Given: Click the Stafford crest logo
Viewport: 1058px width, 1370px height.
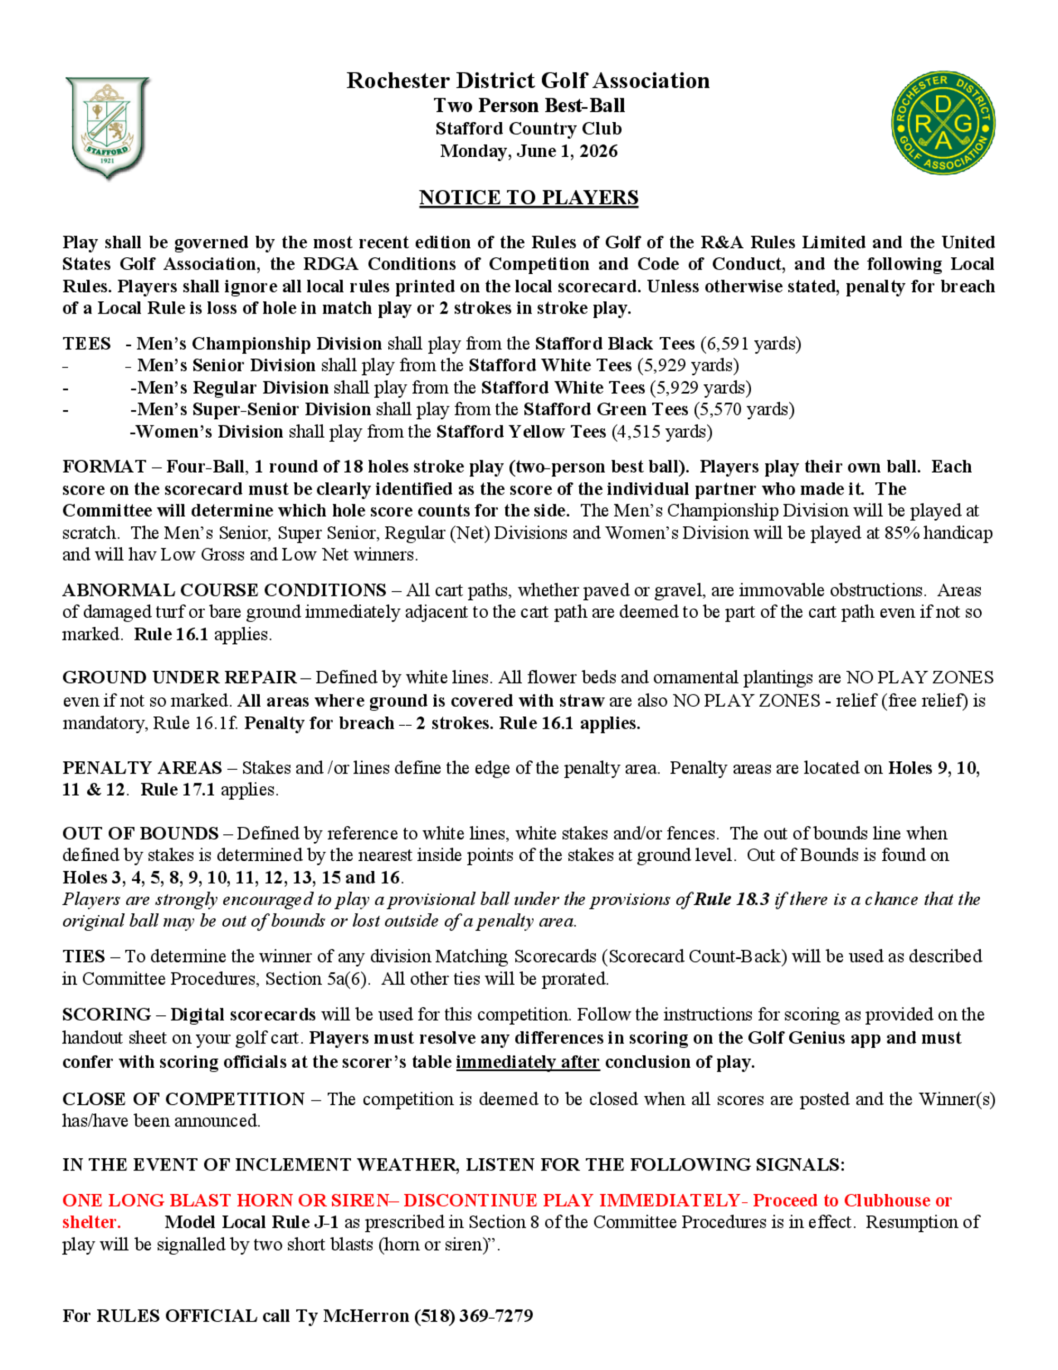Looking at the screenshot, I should pyautogui.click(x=107, y=128).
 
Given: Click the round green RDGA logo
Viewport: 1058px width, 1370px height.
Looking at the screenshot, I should pyautogui.click(x=943, y=123).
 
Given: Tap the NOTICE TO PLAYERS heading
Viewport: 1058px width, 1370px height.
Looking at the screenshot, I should pyautogui.click(x=528, y=197).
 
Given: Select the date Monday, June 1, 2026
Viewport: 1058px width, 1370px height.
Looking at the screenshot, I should pyautogui.click(x=528, y=151).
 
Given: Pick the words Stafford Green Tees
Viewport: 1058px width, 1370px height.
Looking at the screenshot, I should pyautogui.click(x=606, y=410).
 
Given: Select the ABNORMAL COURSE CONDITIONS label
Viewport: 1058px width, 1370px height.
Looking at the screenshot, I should pyautogui.click(x=224, y=590).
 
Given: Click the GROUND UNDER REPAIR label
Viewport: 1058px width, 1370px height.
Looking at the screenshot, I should pyautogui.click(x=179, y=678).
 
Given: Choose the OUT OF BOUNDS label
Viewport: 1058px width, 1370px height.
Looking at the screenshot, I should pyautogui.click(x=140, y=833).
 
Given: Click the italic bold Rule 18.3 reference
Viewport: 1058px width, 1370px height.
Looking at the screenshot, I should pyautogui.click(x=732, y=899).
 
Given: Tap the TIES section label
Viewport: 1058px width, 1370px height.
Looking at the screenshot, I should pyautogui.click(x=84, y=956).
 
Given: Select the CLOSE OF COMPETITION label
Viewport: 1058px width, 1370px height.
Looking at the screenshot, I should pyautogui.click(x=183, y=1099).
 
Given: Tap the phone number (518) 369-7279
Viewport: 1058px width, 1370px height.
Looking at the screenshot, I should pyautogui.click(x=473, y=1315).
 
